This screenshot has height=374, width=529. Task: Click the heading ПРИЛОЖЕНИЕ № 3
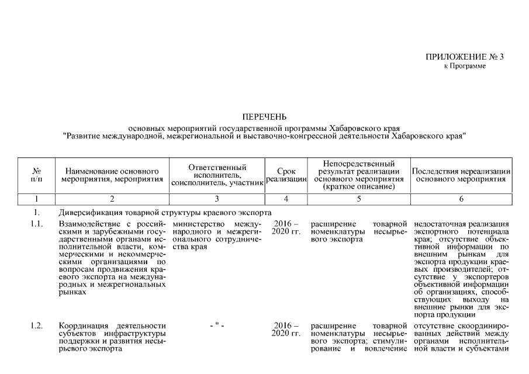pyautogui.click(x=464, y=57)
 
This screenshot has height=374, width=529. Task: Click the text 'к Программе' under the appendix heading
pyautogui.click(x=465, y=66)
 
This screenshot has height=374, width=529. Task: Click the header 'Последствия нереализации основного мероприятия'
pyautogui.click(x=461, y=174)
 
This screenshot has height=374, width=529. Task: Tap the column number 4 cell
pyautogui.click(x=286, y=199)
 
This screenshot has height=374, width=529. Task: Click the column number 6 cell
pyautogui.click(x=461, y=199)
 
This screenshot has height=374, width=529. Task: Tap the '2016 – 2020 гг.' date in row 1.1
pyautogui.click(x=286, y=228)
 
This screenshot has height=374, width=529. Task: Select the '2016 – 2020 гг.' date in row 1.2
pyautogui.click(x=286, y=330)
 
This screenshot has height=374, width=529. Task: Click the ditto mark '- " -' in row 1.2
pyautogui.click(x=216, y=325)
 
